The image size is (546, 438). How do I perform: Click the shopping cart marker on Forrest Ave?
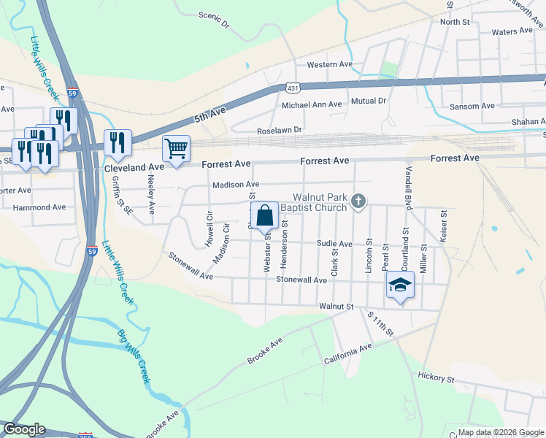[x=176, y=149]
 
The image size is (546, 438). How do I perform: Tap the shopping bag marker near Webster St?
[x=264, y=216]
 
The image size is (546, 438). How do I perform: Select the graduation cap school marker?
[x=399, y=285]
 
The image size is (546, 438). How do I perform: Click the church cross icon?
[x=358, y=201]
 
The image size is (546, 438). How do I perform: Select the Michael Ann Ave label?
[x=312, y=105]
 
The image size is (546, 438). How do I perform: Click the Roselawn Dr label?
[x=279, y=130]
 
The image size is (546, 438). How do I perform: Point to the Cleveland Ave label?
[x=131, y=167]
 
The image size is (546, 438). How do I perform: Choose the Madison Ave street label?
[x=236, y=185]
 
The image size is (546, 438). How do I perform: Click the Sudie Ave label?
[x=334, y=244]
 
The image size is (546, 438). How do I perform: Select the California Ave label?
[x=347, y=356]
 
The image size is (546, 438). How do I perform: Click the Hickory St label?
[x=437, y=379]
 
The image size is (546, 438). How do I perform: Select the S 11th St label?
[x=380, y=324]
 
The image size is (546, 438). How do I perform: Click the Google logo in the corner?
[x=25, y=429]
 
